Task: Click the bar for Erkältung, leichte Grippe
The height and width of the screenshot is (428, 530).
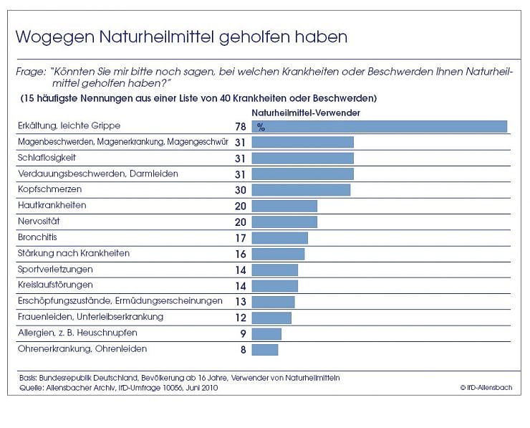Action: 379,126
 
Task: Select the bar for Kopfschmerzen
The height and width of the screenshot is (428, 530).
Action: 301,190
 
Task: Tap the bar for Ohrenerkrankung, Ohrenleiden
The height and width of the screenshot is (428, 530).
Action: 264,349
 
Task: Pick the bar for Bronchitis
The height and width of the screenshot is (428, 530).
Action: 279,237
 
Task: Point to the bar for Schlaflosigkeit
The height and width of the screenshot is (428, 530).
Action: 302,158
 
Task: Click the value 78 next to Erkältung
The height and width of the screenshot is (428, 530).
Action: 240,127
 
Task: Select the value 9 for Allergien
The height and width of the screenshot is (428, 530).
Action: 244,333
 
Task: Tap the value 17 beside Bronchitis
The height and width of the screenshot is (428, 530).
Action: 240,238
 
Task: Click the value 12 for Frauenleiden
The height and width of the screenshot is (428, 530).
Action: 240,318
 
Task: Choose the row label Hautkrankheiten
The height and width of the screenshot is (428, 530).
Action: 52,205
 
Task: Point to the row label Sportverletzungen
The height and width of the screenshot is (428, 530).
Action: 54,269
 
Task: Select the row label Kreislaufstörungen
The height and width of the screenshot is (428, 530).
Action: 55,285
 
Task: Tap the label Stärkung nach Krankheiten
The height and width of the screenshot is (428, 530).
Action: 73,253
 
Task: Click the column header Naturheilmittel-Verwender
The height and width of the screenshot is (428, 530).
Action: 305,113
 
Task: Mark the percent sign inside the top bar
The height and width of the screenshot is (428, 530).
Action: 261,127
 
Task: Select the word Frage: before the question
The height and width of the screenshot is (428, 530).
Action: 31,72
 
